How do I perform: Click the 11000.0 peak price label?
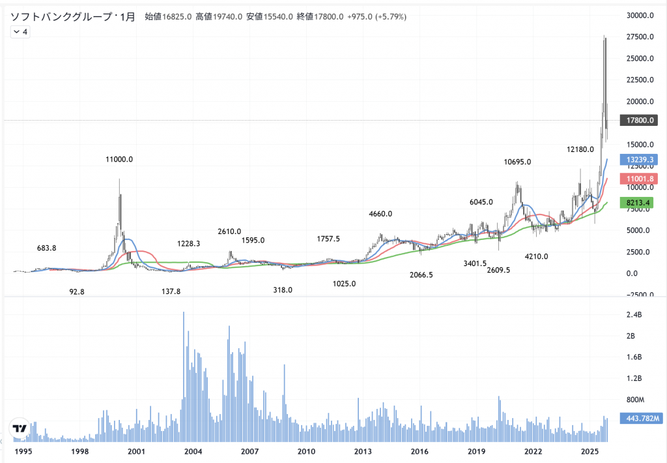pyautogui.click(x=119, y=159)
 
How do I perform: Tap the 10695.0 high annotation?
pyautogui.click(x=517, y=162)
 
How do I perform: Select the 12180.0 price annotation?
pyautogui.click(x=580, y=149)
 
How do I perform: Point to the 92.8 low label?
pyautogui.click(x=77, y=291)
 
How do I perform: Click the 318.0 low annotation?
pyautogui.click(x=283, y=290)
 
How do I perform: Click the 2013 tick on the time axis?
pyautogui.click(x=363, y=451)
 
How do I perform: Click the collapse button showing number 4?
pyautogui.click(x=20, y=31)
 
